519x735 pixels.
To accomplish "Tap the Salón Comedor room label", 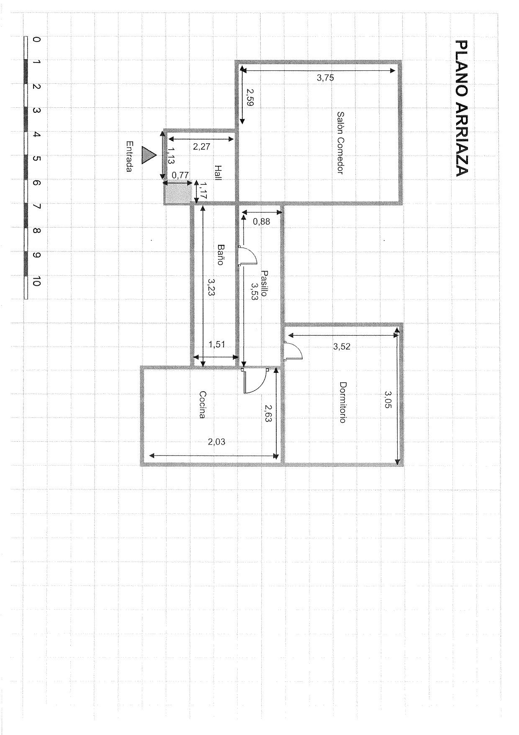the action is (340, 142).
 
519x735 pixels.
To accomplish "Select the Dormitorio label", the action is (342, 402).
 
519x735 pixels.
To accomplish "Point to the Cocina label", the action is (203, 405).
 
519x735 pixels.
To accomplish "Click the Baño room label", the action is (220, 254).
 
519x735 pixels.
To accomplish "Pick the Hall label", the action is (218, 173).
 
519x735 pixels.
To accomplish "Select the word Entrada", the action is (130, 156).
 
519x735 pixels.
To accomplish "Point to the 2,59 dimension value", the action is (250, 97).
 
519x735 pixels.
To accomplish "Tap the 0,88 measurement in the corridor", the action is (262, 222).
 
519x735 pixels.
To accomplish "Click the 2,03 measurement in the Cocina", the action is (217, 441).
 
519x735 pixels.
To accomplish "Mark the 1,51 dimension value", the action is (217, 344).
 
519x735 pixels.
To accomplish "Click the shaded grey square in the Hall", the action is (177, 194).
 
